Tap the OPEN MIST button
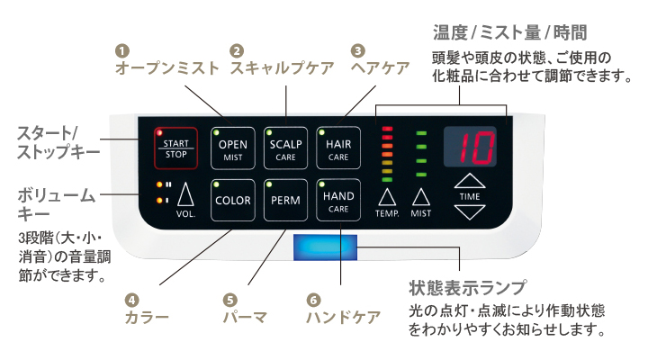click(233, 148)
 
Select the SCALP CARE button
click(286, 148)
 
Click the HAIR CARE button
click(338, 148)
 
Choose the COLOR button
click(233, 200)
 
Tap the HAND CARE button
click(338, 200)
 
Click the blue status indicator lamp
click(325, 246)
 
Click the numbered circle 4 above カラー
click(132, 300)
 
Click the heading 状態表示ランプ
click(466, 289)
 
